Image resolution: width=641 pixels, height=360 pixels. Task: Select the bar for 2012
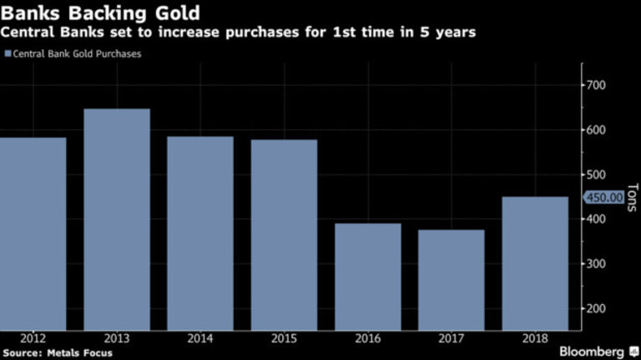33,233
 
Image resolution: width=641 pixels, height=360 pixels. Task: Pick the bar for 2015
284,234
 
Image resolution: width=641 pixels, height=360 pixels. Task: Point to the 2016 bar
367,276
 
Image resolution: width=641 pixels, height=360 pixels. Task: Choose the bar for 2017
451,280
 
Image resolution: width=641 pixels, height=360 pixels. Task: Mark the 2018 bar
535,263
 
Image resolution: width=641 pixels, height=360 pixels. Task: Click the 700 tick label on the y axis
598,85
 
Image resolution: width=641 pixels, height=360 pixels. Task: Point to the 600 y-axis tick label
598,130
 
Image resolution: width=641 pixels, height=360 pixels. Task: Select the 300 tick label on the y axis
598,264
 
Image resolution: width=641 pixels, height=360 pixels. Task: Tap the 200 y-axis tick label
598,308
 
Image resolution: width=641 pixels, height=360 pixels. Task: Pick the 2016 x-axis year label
367,339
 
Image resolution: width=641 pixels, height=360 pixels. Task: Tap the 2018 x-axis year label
535,339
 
